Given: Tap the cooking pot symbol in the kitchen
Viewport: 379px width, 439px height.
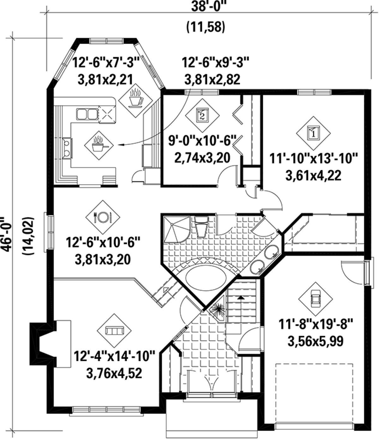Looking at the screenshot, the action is [99, 145].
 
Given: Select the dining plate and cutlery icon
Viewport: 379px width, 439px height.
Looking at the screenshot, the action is [103, 217].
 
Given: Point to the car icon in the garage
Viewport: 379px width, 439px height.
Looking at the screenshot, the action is [315, 299].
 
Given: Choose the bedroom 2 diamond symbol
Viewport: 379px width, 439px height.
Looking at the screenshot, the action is [202, 115].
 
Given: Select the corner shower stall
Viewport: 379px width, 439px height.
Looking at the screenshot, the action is [176, 229].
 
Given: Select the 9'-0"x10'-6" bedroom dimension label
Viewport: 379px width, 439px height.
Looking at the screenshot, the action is [202, 141].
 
